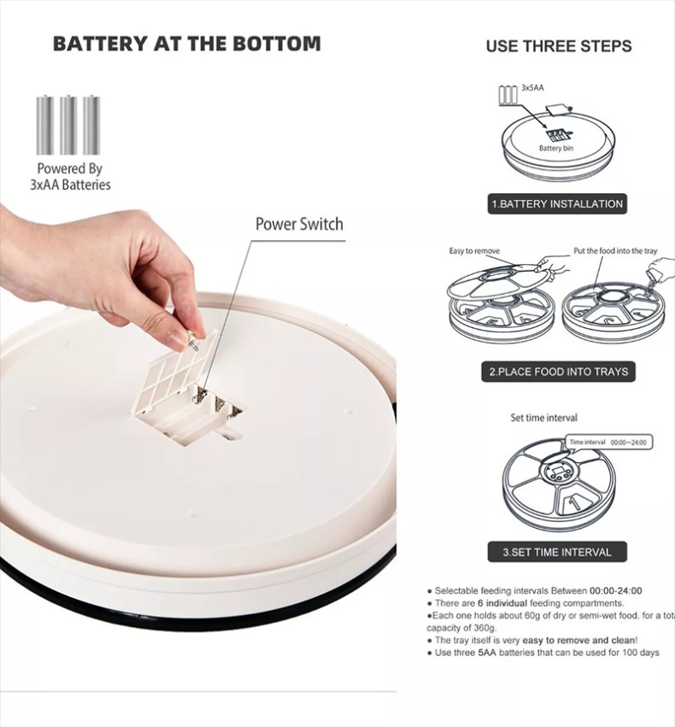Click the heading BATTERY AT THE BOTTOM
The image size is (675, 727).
[187, 44]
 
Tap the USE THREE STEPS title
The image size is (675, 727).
[559, 46]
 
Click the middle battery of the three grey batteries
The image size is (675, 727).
[68, 125]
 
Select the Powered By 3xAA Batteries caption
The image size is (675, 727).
[70, 176]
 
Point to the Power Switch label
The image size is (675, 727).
[300, 224]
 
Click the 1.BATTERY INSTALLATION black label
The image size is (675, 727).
[557, 204]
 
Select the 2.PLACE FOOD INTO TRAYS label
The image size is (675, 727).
[558, 372]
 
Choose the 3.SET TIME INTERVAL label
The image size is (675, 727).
[557, 552]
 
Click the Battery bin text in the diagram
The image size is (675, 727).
[556, 149]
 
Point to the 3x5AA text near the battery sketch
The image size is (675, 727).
[532, 88]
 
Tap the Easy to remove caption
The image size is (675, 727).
[474, 251]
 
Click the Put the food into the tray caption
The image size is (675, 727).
[615, 251]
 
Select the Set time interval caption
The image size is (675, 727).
[543, 418]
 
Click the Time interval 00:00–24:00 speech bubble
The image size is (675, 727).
[608, 443]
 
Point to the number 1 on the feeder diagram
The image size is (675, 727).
[573, 502]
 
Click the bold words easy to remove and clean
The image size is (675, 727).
[579, 641]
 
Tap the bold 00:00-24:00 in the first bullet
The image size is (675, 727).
[616, 590]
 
